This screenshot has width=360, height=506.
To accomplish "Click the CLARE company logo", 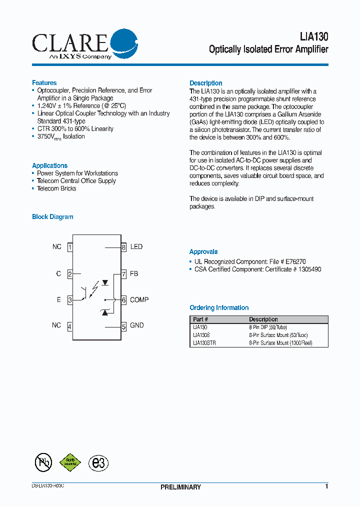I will coord(84,44).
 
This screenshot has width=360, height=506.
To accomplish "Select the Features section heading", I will coord(44,83).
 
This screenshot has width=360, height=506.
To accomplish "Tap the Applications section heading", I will coord(49,165).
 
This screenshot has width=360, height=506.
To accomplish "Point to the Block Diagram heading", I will coord(52,217).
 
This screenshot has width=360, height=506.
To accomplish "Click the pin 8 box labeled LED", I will coord(123,247).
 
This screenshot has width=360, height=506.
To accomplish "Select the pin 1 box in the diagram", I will coord(70,247).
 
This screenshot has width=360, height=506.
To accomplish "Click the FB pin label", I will coord(134,274).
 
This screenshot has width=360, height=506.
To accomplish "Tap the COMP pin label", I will coord(139,300).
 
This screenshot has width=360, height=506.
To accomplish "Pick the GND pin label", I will coord(136,325).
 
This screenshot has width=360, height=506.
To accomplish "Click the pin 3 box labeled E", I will coord(70,300).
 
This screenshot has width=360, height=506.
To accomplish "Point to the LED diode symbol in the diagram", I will coord(105,282).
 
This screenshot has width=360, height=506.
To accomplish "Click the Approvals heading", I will coord(203,252).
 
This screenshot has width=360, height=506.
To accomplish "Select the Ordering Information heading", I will coord(219,308).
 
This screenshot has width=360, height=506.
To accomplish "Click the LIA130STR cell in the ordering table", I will coord(204,343).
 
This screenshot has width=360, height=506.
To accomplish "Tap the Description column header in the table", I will coord(263,319).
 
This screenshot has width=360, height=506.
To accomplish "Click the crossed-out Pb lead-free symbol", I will coord(43,462).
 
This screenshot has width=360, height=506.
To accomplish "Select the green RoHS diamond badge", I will coord(70,462).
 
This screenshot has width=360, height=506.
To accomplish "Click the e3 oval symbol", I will coord(98,462).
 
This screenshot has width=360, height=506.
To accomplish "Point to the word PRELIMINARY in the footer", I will coord(180,487).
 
